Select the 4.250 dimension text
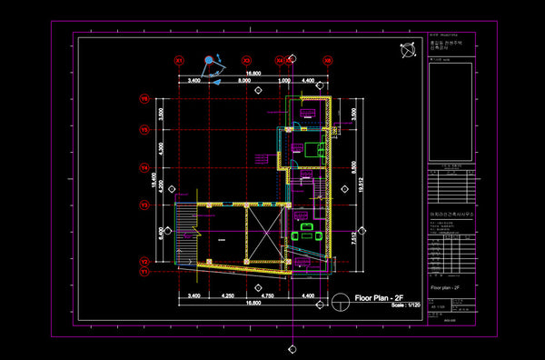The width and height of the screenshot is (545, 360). (228, 297)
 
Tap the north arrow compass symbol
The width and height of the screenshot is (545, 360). (407, 48)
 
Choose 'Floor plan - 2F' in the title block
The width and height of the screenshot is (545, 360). (445, 287)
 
